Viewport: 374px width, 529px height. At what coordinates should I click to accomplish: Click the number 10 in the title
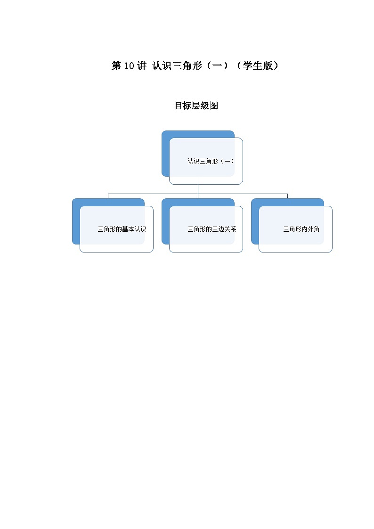[130, 66]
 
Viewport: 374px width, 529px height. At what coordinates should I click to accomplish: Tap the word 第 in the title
[116, 66]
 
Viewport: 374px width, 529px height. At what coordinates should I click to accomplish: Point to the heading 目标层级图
[196, 106]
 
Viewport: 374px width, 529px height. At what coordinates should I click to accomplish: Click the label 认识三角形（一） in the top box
[211, 161]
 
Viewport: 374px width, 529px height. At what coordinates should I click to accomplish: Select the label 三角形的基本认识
[122, 229]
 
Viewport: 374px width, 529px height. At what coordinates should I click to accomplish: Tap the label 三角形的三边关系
[211, 229]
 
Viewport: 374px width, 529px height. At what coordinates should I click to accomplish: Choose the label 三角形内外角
[301, 229]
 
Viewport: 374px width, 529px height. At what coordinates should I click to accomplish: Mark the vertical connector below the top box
[198, 188]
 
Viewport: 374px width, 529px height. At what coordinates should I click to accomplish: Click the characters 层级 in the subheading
[196, 106]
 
